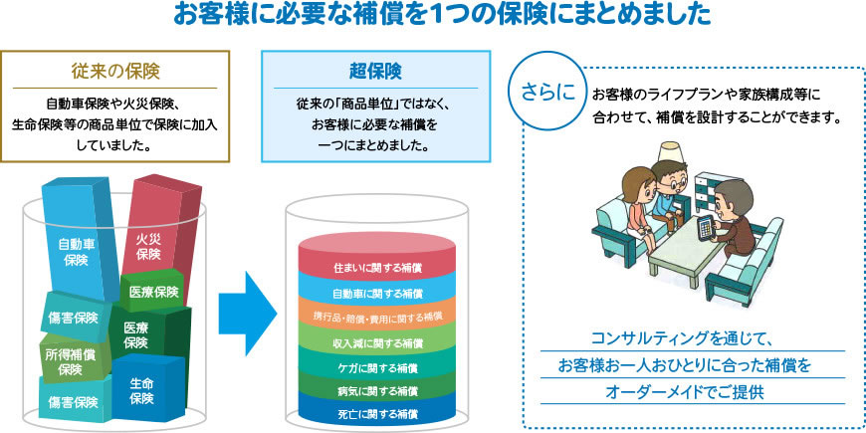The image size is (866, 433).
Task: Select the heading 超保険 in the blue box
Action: coord(376,72)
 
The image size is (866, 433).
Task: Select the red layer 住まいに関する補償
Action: coord(376,269)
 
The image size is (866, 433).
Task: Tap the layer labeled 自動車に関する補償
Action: coord(376,293)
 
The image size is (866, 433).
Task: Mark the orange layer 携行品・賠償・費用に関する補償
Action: coord(376,317)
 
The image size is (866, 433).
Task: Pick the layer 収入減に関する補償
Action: coord(376,341)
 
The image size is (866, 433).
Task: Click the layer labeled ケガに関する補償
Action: coord(376,366)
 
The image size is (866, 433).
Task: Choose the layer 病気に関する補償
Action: coord(376,390)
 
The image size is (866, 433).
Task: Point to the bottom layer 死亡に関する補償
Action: coord(376,412)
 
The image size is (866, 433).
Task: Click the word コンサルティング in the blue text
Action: coord(660,338)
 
